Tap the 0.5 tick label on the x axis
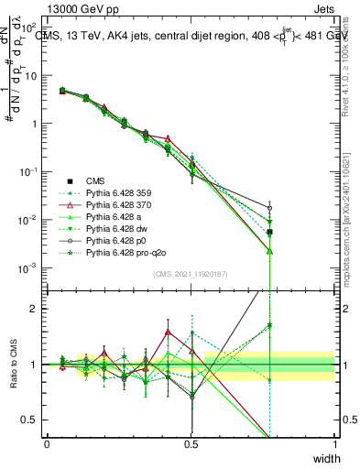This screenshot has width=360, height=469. (x=191, y=443)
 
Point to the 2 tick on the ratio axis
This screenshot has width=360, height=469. (x=36, y=309)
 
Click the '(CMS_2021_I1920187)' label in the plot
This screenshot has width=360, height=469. (x=190, y=274)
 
